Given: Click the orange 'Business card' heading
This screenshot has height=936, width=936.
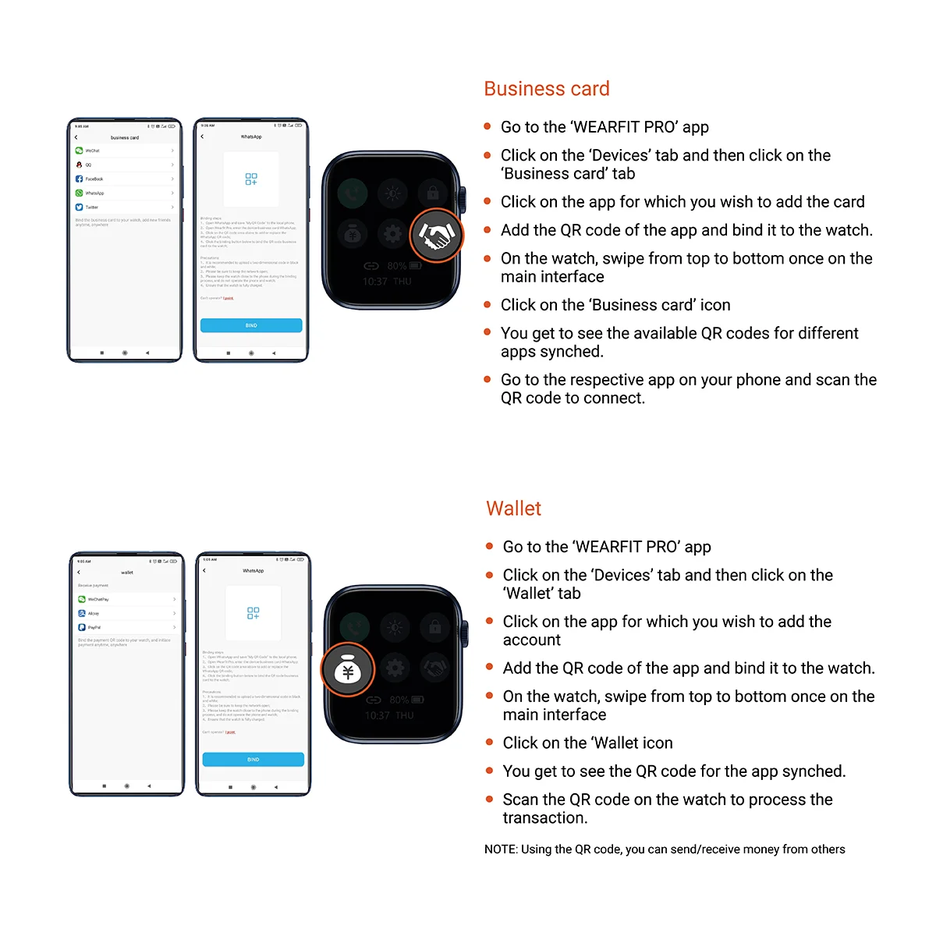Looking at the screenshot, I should (546, 89).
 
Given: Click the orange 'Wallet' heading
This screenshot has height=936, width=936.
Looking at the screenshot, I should (513, 509).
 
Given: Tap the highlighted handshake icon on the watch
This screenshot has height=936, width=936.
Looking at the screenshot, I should (436, 235).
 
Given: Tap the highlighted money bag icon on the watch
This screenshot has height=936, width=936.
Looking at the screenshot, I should (348, 669).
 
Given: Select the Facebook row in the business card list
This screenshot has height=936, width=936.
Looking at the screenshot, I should (125, 179).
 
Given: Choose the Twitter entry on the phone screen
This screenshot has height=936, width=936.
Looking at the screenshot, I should (125, 207).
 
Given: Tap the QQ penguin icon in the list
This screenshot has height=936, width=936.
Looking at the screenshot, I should (79, 165).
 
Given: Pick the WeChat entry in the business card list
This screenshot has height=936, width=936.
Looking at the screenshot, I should (125, 151).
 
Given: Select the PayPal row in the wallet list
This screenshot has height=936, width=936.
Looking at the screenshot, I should (126, 627).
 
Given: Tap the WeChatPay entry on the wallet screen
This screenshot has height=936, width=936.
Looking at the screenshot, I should (126, 599).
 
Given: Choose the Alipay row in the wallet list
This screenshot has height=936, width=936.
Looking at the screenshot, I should (126, 613).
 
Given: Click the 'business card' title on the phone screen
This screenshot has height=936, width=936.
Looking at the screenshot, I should (125, 137).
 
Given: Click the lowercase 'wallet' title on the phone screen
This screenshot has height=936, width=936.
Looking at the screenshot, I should (127, 573).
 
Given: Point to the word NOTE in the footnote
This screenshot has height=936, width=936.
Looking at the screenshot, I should (500, 849).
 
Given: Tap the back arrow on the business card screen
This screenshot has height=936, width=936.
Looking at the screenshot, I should (76, 137).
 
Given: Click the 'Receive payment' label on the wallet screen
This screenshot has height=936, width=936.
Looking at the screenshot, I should (93, 585).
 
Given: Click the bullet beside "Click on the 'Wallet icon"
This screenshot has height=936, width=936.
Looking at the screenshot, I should (489, 743).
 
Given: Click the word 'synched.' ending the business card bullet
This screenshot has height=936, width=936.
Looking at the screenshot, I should (578, 352).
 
